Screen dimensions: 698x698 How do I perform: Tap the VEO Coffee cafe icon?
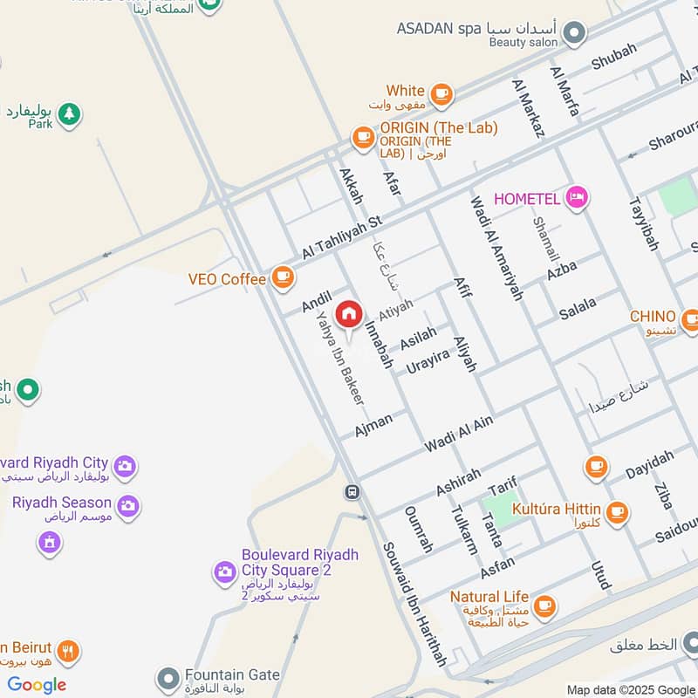(282, 277)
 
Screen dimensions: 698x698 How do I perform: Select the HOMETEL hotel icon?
(576, 198)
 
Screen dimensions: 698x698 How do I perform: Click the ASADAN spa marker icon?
(574, 34)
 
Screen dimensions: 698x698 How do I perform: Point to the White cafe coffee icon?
(441, 93)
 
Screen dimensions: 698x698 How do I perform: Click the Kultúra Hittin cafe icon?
(618, 511)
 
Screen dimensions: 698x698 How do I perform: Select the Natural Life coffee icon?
(544, 605)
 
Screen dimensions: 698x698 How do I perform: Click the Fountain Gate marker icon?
(168, 678)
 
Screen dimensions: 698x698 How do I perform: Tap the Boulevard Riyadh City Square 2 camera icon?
(225, 572)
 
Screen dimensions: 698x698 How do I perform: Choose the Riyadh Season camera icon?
(128, 505)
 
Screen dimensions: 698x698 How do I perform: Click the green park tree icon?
(69, 113)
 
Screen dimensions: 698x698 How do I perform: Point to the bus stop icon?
(352, 492)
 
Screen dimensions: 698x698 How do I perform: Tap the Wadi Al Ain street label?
(459, 434)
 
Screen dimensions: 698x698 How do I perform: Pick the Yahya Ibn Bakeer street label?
(339, 359)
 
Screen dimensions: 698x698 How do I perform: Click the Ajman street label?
(373, 425)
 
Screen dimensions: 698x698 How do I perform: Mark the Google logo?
(37, 685)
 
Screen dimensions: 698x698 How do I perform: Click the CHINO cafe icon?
(689, 319)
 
